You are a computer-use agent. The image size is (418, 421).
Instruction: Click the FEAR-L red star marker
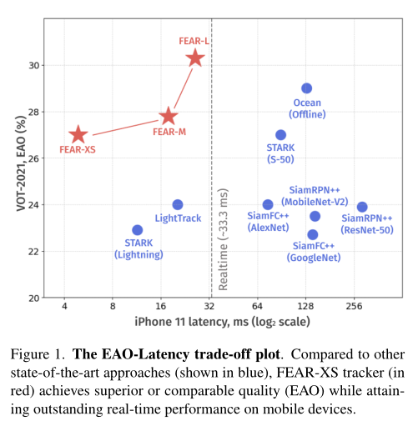coord(195,58)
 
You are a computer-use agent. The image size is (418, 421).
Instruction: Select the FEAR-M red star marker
coord(169,116)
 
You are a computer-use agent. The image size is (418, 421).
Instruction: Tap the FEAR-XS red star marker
coord(78,135)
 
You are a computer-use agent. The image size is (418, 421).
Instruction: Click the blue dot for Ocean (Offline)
coord(306,88)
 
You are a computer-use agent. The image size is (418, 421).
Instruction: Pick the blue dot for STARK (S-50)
coord(280,135)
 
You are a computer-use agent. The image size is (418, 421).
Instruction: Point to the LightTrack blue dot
coord(178,205)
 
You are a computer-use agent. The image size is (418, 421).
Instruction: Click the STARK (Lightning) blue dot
coord(137,230)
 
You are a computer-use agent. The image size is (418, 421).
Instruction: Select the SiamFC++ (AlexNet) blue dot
coord(268,204)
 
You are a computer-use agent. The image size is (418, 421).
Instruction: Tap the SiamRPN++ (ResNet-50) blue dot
coord(362,207)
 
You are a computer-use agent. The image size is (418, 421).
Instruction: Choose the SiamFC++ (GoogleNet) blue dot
coord(313,234)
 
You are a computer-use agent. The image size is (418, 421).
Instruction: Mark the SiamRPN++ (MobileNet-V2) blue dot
coord(315,216)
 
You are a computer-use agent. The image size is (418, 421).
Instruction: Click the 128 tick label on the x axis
coord(305,306)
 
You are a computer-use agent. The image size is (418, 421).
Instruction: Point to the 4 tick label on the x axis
coord(64,306)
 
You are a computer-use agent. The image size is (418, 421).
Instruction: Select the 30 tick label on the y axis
coord(34,66)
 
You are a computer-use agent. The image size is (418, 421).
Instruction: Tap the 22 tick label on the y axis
coord(34,252)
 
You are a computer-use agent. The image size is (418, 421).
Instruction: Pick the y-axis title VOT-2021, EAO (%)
coord(21,163)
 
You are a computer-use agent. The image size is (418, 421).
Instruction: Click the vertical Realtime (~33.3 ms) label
coord(224,239)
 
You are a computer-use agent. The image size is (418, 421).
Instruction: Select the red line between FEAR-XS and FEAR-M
coord(125,128)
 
